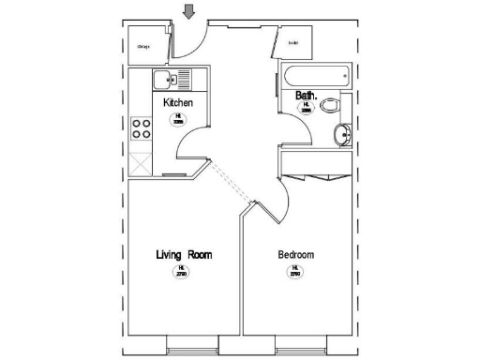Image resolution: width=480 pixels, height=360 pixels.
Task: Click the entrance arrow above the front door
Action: (189, 11)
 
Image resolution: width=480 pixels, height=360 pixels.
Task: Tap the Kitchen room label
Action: (178, 101)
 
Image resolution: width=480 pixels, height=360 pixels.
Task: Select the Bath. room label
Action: (307, 96)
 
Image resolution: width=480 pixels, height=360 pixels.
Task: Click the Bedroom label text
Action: (295, 255)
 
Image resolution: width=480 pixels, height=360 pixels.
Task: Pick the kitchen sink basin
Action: (161, 80)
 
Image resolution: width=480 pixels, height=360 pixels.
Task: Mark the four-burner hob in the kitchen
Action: (142, 127)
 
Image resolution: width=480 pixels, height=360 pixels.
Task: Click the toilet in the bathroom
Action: (328, 106)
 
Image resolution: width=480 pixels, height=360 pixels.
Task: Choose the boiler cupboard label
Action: (293, 42)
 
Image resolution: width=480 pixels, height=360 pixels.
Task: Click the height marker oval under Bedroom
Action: (294, 272)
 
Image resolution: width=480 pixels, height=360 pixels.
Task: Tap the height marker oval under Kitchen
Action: (179, 117)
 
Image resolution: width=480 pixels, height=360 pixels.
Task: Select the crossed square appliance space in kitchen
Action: (141, 161)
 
